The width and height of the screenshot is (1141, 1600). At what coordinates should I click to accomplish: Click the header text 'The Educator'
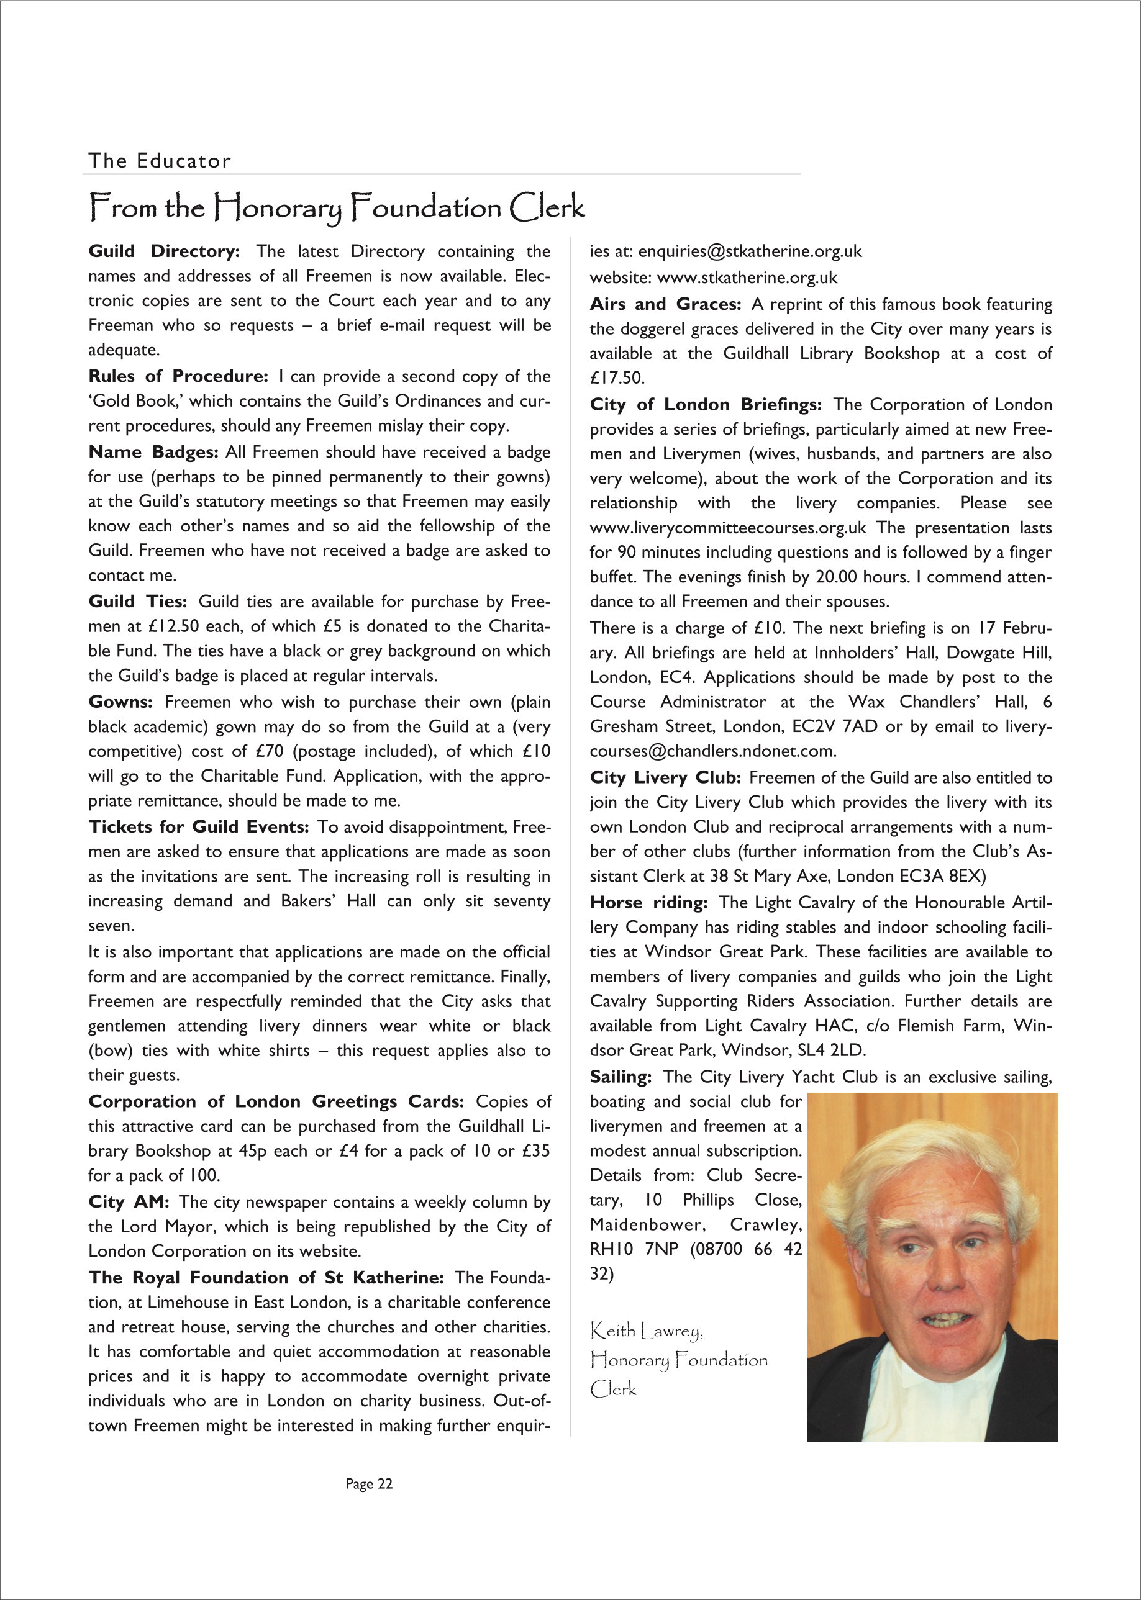click(x=160, y=161)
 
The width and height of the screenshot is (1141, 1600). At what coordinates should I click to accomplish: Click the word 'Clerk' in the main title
click(x=547, y=207)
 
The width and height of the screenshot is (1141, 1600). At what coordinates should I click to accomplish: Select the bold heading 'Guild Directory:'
click(x=165, y=251)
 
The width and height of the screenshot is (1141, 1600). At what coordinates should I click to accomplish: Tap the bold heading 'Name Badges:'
click(x=153, y=453)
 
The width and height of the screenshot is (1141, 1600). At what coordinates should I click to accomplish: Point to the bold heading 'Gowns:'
click(x=120, y=702)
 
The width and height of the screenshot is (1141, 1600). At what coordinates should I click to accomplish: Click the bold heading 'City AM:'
click(x=129, y=1203)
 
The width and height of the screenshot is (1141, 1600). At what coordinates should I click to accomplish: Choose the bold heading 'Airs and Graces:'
click(x=665, y=304)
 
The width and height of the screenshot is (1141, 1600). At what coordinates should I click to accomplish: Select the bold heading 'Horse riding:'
click(x=648, y=903)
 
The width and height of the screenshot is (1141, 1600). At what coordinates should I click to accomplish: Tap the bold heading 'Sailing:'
click(x=621, y=1077)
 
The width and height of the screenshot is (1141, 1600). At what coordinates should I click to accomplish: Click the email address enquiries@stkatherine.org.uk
click(x=750, y=251)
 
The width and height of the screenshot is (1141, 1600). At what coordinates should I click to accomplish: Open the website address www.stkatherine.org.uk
click(x=747, y=278)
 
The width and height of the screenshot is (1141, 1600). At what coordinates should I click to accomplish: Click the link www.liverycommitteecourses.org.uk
click(x=728, y=528)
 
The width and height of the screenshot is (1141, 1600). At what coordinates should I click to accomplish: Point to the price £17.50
click(x=616, y=378)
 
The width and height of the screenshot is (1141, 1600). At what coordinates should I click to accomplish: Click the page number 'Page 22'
click(x=369, y=1484)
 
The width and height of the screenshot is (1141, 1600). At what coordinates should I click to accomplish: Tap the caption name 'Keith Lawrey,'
click(x=647, y=1331)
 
